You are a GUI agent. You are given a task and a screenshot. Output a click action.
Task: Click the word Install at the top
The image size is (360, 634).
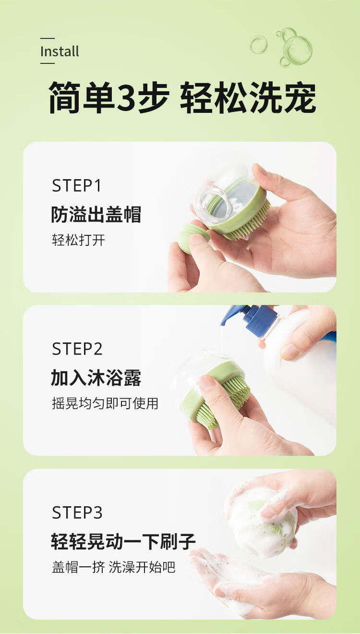[60, 51]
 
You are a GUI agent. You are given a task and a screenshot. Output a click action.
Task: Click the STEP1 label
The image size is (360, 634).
[76, 186]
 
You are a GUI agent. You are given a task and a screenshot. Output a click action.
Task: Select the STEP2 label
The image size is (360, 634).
[77, 349]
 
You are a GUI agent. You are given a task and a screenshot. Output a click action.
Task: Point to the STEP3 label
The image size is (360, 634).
[77, 512]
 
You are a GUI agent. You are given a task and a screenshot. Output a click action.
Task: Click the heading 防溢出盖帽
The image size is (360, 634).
[96, 214]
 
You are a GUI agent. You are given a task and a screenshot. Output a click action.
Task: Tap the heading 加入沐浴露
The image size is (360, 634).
[96, 378]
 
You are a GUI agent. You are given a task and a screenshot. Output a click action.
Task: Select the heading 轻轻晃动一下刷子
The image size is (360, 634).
[123, 541]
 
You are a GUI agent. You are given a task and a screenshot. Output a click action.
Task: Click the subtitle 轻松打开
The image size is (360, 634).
[78, 240]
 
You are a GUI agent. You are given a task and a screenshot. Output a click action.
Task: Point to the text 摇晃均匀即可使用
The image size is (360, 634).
[105, 403]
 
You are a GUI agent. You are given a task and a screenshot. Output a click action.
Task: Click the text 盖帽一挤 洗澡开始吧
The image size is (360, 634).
[113, 567]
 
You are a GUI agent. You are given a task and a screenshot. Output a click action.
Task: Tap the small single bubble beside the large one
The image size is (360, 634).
[258, 45]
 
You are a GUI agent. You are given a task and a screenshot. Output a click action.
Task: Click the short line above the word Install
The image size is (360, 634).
[47, 38]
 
